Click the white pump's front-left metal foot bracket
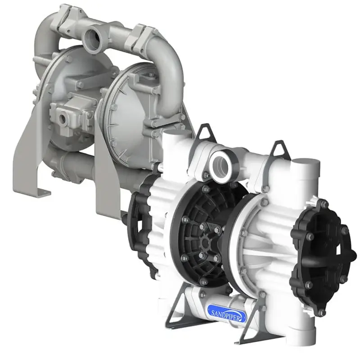180,306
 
